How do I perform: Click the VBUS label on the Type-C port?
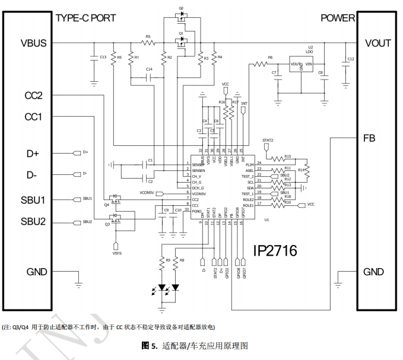[33, 43]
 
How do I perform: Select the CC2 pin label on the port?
[33, 95]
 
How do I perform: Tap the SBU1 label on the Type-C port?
[33, 199]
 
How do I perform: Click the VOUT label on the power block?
[377, 43]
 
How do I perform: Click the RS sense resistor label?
[148, 37]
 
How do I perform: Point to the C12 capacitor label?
[350, 59]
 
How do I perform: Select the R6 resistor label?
[270, 58]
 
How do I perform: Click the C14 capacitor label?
[149, 69]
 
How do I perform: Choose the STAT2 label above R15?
[268, 141]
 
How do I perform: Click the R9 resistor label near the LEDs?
[168, 260]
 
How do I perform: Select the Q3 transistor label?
[107, 225]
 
